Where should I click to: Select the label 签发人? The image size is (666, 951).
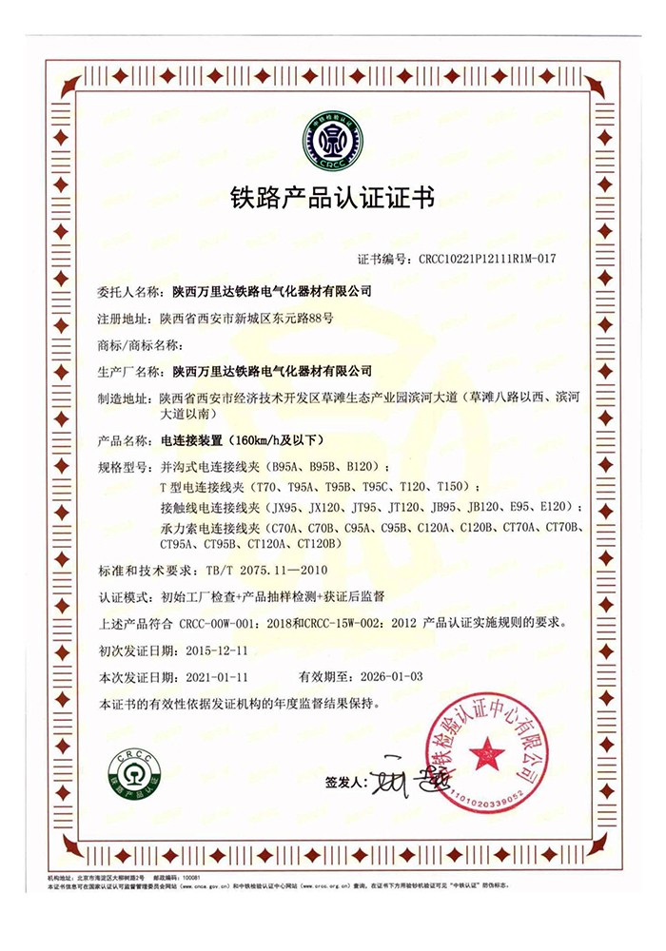pyautogui.click(x=344, y=783)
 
